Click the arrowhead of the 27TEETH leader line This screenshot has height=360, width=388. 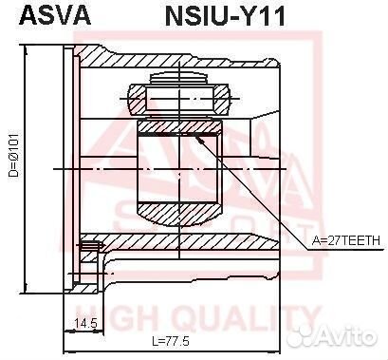198,138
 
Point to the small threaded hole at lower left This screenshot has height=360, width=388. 91,250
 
